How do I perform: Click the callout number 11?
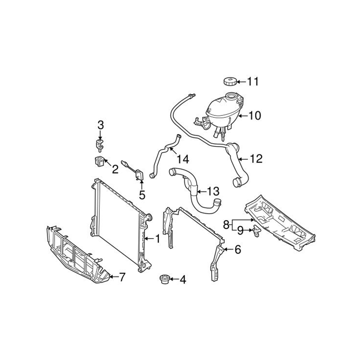[x=253, y=82]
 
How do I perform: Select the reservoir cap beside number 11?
[x=230, y=81]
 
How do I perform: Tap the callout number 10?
[x=254, y=116]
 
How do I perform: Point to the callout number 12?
[x=256, y=159]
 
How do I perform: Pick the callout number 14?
[x=183, y=159]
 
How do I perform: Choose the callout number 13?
[x=213, y=191]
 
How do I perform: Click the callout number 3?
[x=101, y=125]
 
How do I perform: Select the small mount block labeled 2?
[x=99, y=161]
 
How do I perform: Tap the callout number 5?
[x=142, y=195]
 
